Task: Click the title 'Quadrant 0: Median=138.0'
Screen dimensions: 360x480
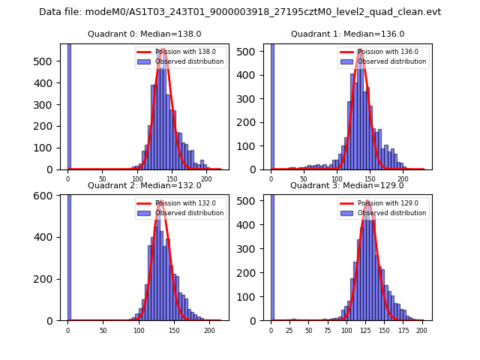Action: [144, 34]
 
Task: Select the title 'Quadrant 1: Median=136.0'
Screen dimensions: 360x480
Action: [347, 34]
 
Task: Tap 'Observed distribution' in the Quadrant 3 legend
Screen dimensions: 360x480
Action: [391, 213]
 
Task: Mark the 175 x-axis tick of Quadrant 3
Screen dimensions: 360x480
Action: [403, 330]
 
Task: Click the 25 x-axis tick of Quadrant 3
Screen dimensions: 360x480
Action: [290, 330]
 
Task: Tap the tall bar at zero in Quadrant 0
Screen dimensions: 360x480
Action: [69, 105]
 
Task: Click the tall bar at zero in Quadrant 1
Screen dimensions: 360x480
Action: [272, 105]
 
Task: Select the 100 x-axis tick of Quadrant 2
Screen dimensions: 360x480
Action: [139, 330]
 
